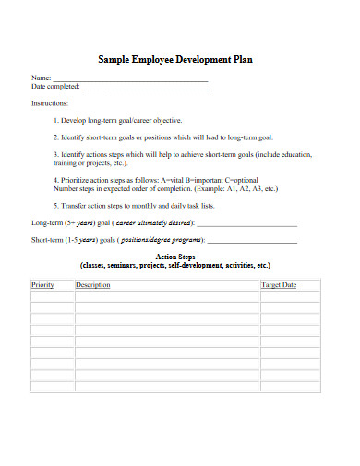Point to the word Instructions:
50,104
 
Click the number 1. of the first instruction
56,120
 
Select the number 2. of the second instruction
56,137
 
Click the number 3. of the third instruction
56,153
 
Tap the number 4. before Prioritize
56,179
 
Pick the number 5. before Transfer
56,205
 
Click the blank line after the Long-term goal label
246,224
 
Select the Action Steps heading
175,256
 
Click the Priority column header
43,285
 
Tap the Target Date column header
279,285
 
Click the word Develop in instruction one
76,120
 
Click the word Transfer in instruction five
78,205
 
